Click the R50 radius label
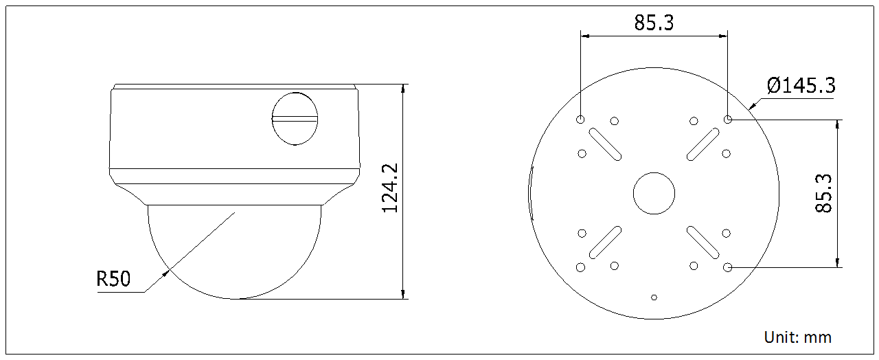113,279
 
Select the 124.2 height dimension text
391,188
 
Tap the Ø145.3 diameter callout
801,86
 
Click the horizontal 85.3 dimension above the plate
654,23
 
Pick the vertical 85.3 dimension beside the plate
823,193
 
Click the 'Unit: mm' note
797,337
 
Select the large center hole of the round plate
654,193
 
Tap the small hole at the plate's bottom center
654,297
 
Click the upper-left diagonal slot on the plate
605,144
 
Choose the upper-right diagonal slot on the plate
703,144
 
